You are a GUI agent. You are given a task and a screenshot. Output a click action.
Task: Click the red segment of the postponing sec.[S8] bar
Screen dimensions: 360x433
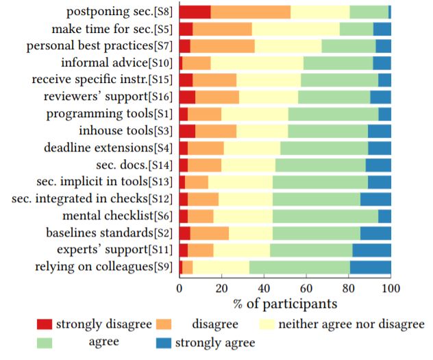(195, 12)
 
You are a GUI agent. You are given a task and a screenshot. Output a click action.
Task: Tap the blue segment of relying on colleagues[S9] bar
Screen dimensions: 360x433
(371, 267)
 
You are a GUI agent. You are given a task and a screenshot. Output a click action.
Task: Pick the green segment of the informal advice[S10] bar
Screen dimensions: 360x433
(338, 62)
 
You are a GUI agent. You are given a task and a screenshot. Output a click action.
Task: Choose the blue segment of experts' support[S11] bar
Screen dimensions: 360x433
(371, 250)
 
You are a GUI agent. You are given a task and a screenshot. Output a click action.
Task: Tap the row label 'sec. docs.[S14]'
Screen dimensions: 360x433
(135, 165)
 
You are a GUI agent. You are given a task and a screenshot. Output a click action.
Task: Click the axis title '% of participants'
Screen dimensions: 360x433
(286, 302)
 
